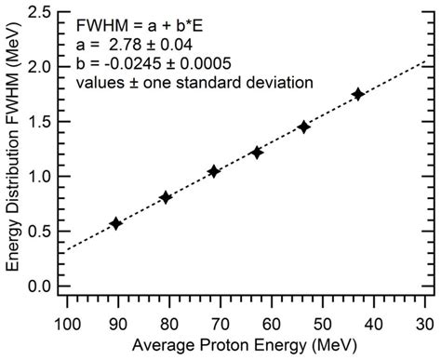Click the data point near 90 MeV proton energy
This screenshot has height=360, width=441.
coord(115,223)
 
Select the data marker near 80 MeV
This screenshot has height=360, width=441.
coord(166,197)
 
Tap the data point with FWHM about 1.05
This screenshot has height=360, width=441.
coord(214,171)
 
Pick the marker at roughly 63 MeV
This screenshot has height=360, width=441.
coord(257,152)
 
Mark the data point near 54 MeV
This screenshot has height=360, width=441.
coord(303,127)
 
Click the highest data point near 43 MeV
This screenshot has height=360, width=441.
coord(358,94)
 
